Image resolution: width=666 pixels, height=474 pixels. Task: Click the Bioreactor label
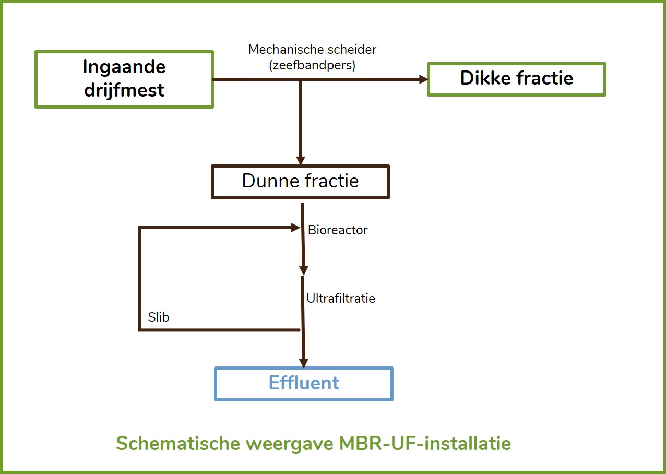coord(338,230)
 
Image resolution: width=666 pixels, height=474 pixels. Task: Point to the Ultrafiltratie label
coord(341,298)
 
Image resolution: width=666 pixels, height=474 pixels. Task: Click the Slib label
coord(159,317)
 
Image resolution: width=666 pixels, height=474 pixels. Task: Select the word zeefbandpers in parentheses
coord(312,65)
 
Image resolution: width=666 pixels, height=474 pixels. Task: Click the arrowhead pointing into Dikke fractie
coord(423,79)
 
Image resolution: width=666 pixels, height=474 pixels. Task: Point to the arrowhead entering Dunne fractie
coord(301,160)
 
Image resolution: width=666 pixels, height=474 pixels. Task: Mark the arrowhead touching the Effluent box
coord(304,363)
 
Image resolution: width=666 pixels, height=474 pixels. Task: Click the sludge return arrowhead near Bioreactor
coord(295,228)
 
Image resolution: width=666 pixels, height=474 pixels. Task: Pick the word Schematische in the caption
coord(178,443)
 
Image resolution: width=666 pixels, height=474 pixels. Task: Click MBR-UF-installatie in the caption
coord(425,443)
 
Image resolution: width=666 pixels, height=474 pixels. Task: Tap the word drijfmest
coord(124,90)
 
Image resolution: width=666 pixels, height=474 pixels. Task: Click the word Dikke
coord(485,78)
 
